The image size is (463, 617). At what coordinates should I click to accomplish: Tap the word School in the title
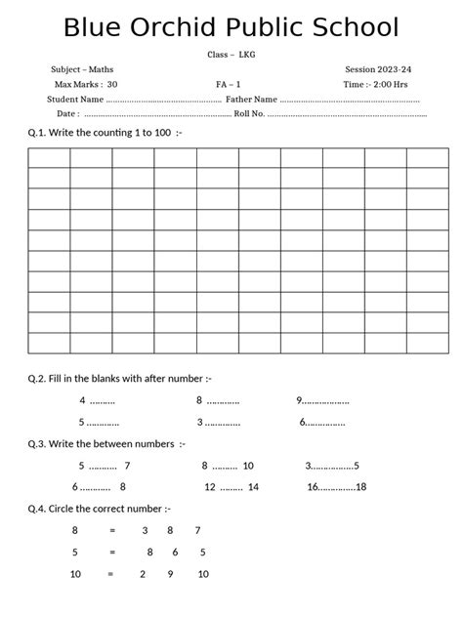(x=344, y=28)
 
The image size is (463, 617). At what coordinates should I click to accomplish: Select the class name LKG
(x=247, y=55)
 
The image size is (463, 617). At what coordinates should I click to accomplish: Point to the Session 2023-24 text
(x=378, y=70)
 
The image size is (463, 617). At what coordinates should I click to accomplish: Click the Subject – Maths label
(x=82, y=70)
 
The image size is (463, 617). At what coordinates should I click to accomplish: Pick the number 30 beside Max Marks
(x=112, y=85)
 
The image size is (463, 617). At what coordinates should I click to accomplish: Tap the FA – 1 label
(x=229, y=85)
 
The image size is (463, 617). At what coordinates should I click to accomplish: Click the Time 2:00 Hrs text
(x=376, y=85)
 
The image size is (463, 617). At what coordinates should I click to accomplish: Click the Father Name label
(x=251, y=100)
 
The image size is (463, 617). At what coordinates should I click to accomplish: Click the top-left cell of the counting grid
(x=48, y=157)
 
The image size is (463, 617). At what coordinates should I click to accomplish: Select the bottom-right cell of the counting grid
(x=427, y=343)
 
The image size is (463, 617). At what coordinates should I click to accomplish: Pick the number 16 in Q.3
(x=313, y=487)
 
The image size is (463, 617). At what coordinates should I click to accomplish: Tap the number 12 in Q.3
(x=210, y=487)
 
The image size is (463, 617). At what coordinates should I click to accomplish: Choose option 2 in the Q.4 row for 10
(x=143, y=574)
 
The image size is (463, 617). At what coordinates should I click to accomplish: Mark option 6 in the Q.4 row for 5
(x=175, y=552)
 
